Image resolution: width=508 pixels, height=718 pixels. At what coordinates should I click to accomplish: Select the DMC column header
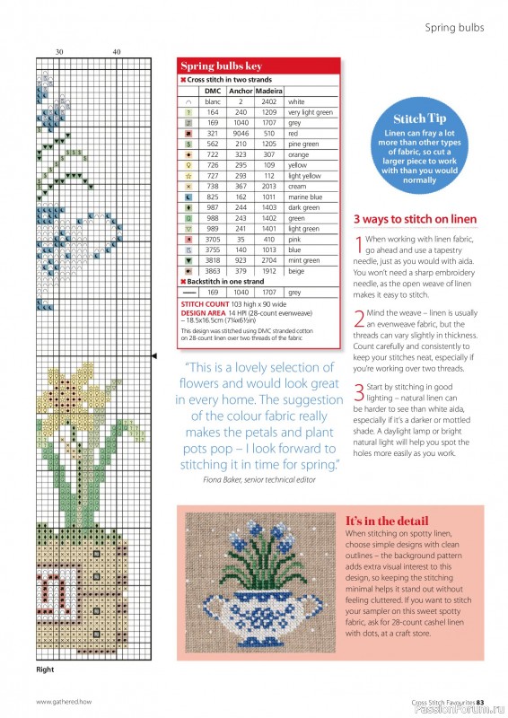[213, 91]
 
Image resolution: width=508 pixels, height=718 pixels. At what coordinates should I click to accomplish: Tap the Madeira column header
[269, 91]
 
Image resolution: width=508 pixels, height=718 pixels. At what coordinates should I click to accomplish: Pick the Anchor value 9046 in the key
[241, 133]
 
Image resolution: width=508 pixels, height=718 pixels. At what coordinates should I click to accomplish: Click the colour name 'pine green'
[303, 144]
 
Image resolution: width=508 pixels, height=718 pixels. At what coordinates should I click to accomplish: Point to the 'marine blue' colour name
[305, 196]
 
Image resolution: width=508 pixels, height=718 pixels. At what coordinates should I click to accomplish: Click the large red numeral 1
[358, 243]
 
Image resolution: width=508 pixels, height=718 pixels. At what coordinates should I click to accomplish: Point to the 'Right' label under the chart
[46, 670]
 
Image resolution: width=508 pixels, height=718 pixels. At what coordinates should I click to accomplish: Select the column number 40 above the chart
[116, 52]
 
